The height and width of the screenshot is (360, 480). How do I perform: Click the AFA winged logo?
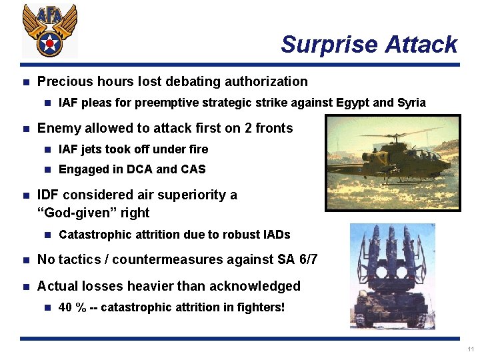49,29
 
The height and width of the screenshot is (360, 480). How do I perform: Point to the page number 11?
471,349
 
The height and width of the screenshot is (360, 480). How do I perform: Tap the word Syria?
411,103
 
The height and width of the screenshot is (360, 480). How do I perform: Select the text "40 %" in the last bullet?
71,307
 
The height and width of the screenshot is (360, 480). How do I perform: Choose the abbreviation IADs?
274,235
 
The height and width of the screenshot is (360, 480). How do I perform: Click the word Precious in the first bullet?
65,82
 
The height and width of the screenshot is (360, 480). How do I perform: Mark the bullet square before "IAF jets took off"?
47,149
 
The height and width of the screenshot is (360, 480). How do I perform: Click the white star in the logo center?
49,45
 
